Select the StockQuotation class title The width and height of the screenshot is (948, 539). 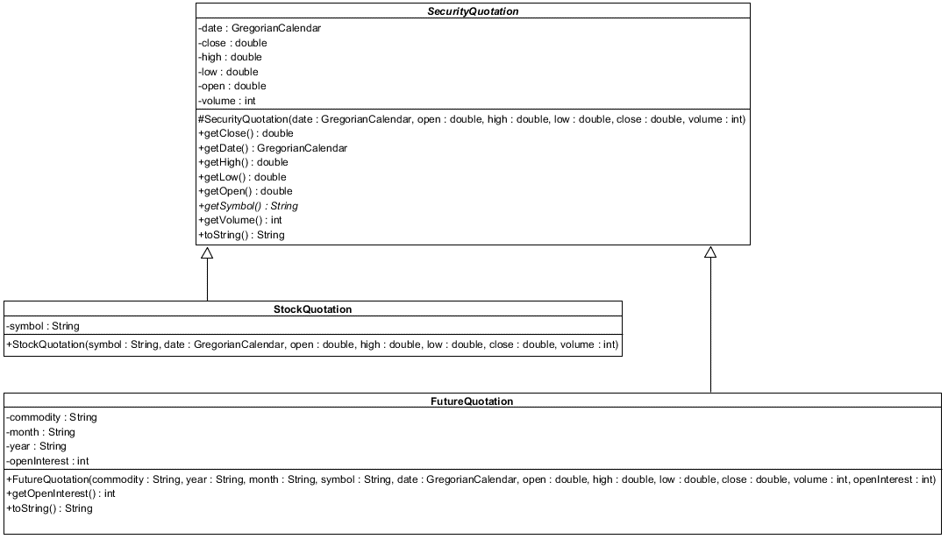click(313, 309)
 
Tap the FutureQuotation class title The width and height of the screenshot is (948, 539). click(474, 401)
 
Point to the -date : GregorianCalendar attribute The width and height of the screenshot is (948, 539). click(260, 28)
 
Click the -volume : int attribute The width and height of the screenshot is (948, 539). click(227, 101)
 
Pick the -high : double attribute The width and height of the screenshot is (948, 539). click(230, 57)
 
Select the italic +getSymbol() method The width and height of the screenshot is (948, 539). click(248, 206)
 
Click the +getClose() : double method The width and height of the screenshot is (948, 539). click(246, 133)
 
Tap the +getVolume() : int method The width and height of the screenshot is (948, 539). click(240, 220)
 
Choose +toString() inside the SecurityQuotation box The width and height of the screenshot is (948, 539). click(241, 235)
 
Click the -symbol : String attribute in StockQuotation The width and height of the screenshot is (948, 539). click(43, 326)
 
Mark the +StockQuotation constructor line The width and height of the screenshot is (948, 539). click(312, 345)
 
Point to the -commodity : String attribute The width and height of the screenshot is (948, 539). click(52, 417)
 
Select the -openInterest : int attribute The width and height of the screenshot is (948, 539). click(47, 461)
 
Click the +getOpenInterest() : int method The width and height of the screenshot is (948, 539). click(61, 493)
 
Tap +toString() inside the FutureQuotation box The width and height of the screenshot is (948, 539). click(49, 508)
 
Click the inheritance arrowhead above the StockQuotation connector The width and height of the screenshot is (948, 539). click(207, 253)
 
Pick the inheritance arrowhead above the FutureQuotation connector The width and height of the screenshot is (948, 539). click(710, 253)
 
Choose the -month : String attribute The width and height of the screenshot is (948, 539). click(40, 432)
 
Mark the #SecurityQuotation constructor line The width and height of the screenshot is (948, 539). click(472, 119)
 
